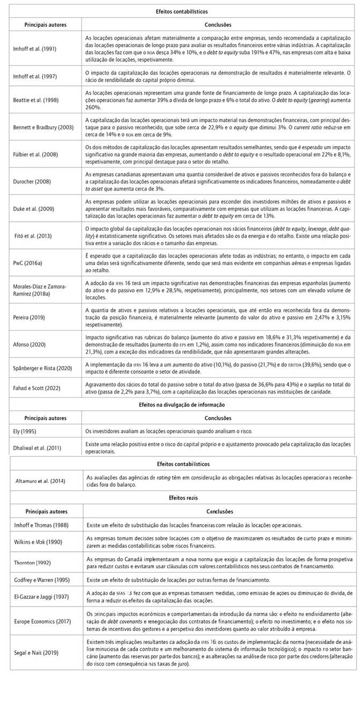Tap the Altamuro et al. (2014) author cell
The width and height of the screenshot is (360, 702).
tap(40, 481)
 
